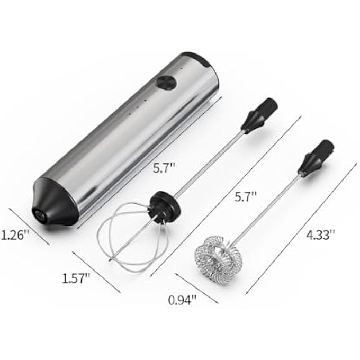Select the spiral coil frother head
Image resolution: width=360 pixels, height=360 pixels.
(x=218, y=257)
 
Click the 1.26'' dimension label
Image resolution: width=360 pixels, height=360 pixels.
(x=15, y=236)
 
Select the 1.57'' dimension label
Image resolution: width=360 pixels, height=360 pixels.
(x=76, y=278)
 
